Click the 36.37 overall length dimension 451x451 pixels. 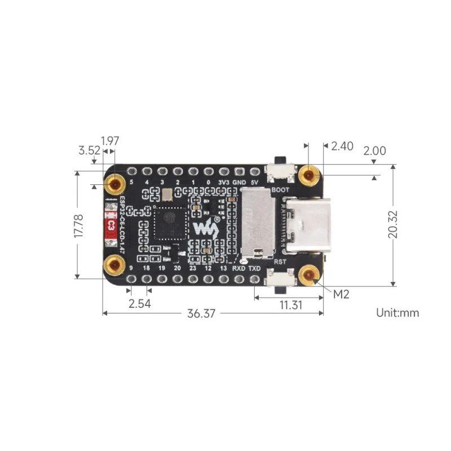pos(201,314)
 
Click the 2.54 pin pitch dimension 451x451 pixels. pos(139,304)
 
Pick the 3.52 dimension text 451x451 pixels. pos(89,151)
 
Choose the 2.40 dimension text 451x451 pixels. pos(342,146)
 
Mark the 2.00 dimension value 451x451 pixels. pos(375,151)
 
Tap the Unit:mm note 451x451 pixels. pos(397,312)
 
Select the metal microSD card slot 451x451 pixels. pos(258,221)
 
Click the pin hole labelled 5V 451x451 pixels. pos(255,170)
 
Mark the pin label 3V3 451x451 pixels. pos(224,182)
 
